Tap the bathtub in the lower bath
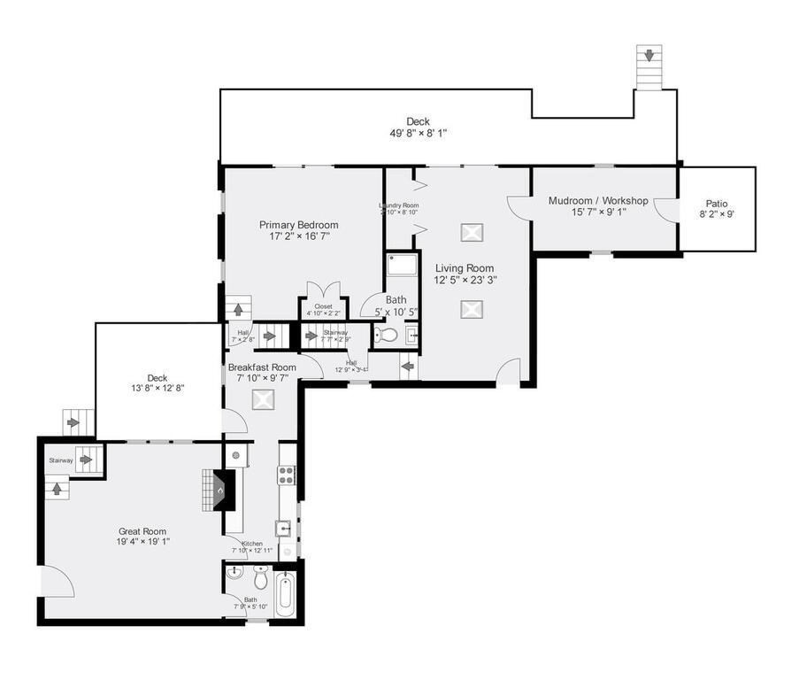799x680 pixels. click(x=285, y=595)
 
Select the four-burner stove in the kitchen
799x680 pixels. click(x=288, y=474)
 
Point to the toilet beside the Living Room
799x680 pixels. click(x=386, y=336)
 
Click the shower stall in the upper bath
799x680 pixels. click(x=402, y=266)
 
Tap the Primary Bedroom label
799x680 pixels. click(x=298, y=225)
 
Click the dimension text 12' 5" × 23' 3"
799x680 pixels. click(x=465, y=280)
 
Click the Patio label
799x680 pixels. click(x=717, y=204)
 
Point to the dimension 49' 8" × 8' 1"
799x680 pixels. click(x=418, y=134)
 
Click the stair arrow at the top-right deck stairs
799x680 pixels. click(x=649, y=56)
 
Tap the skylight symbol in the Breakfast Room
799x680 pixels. click(x=263, y=399)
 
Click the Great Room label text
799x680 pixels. click(x=142, y=532)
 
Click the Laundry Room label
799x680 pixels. click(x=398, y=206)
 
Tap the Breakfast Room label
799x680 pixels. click(x=262, y=367)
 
